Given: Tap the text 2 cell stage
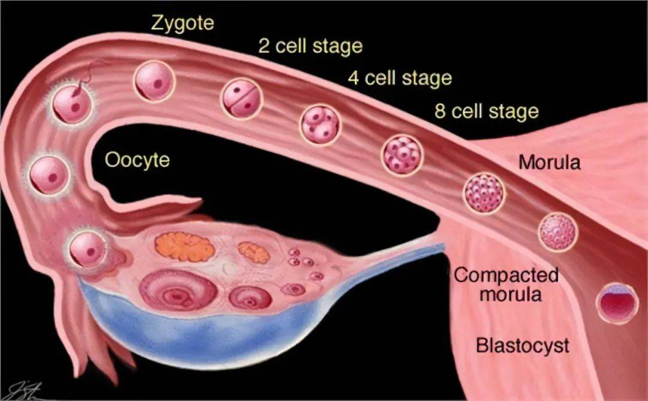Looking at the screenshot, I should (310, 46).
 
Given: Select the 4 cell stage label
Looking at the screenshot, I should (400, 78).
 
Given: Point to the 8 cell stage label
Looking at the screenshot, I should (487, 111).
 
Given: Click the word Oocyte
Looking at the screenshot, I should (137, 160).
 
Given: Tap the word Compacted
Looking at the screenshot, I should (506, 276).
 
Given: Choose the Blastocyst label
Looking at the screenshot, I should (522, 346).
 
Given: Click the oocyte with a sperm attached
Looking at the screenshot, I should (73, 104).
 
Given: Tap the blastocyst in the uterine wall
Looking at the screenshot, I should (616, 303).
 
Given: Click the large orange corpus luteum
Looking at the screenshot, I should (184, 246).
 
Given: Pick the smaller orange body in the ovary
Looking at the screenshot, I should (254, 251).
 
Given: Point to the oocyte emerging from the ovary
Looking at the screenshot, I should (88, 249).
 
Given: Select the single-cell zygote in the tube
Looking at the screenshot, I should (154, 82).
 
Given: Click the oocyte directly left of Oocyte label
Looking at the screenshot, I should (49, 176).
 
